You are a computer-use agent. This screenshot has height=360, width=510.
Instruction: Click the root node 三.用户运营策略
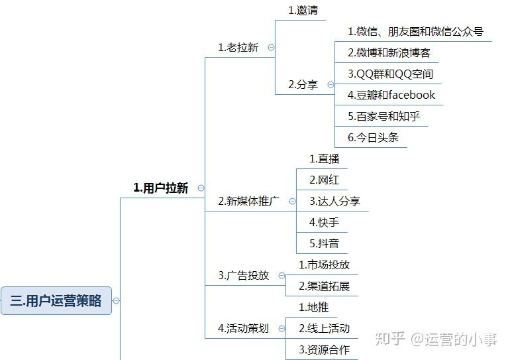(56, 300)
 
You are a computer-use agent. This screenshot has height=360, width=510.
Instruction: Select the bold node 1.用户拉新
(161, 188)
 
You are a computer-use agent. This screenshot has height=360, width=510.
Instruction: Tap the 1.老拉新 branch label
(238, 48)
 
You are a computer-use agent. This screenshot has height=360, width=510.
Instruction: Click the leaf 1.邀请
(303, 11)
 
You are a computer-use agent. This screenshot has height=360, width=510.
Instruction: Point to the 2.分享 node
(303, 85)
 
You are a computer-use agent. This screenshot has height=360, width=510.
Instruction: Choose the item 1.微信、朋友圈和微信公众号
(416, 32)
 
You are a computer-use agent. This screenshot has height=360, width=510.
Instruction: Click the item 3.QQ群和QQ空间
(390, 74)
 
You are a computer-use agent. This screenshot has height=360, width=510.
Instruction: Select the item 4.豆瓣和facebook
(391, 95)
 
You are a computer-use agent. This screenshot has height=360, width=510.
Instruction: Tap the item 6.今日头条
(373, 137)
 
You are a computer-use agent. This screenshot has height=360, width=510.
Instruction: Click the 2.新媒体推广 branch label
(249, 201)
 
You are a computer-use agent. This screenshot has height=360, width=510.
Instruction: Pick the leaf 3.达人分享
(334, 201)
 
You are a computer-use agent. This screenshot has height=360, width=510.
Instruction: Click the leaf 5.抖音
(324, 243)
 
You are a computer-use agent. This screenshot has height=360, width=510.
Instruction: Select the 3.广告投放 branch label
(244, 275)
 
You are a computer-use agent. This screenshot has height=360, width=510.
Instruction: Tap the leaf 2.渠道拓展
(325, 286)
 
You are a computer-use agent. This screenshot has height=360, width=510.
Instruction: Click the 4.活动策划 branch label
(244, 328)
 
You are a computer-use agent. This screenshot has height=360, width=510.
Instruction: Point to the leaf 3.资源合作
(325, 349)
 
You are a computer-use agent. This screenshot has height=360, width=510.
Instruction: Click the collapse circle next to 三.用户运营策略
(116, 301)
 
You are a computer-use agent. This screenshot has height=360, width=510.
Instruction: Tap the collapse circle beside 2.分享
(331, 85)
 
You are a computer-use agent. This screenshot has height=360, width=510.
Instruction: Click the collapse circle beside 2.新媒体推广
(292, 201)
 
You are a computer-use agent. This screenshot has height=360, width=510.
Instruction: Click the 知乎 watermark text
(389, 339)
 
